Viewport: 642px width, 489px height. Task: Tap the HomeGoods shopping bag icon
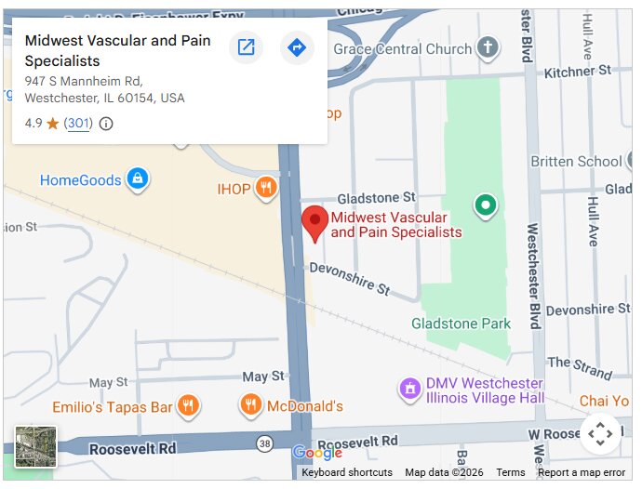tap(138, 178)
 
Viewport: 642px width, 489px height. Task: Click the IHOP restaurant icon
tap(266, 188)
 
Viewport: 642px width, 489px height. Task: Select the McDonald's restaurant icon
tap(250, 405)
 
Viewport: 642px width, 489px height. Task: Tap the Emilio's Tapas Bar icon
tap(189, 405)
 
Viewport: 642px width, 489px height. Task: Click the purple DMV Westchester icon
tap(409, 389)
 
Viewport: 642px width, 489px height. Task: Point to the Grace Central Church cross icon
tap(488, 47)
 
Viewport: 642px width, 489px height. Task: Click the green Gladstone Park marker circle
tap(485, 205)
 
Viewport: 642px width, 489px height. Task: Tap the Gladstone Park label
tap(461, 324)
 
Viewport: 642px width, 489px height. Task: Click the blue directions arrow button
tap(297, 47)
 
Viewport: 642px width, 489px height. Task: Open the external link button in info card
tap(247, 47)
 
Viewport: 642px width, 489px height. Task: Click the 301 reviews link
tap(78, 123)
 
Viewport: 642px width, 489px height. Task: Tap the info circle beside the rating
tap(106, 124)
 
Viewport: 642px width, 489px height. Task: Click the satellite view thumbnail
tap(35, 446)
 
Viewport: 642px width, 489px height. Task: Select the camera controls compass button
tap(600, 432)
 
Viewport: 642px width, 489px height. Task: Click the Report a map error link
tap(582, 472)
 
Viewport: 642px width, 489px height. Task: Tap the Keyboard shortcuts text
tap(347, 472)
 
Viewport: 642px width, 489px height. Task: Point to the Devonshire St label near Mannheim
tap(350, 278)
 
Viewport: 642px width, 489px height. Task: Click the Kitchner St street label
tap(578, 71)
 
